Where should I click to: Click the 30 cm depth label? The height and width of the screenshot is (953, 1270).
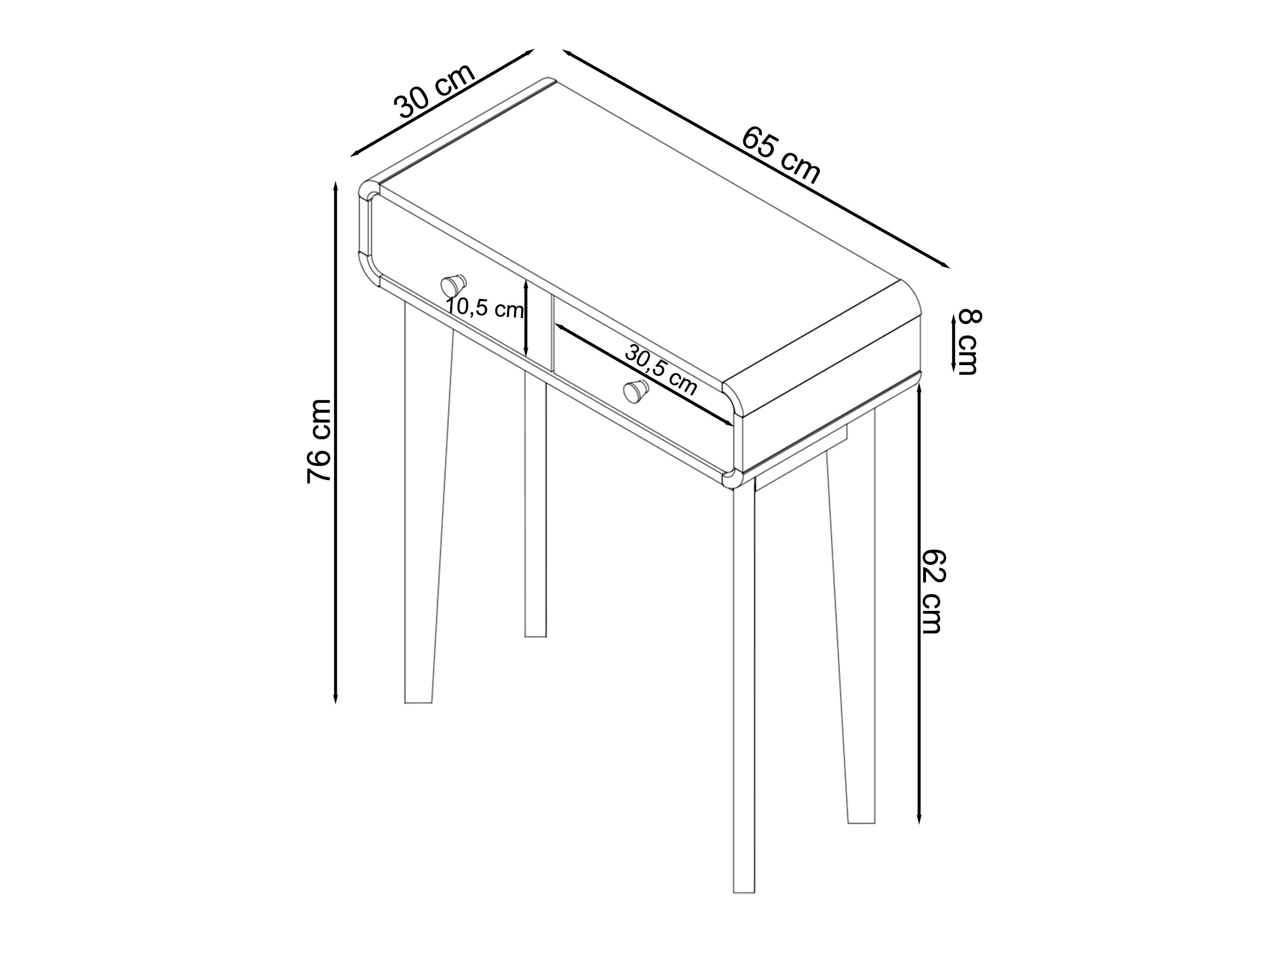435,90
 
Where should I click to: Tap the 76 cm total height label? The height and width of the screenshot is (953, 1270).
319,441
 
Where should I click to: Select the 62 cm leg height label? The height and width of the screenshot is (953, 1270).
933,592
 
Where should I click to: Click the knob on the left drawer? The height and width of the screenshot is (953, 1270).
453,285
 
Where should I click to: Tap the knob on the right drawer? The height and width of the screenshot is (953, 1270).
636,391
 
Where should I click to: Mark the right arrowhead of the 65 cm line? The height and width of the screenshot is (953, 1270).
948,267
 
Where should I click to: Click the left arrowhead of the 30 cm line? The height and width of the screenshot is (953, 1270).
351,155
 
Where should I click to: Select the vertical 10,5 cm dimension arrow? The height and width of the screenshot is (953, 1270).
526,317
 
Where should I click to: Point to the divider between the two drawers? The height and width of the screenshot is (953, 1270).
539,325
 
